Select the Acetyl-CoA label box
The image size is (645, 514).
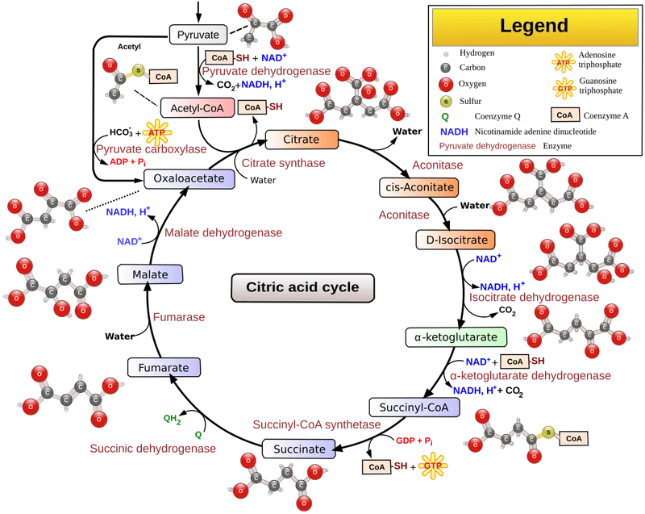(197, 107)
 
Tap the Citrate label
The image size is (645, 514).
(301, 140)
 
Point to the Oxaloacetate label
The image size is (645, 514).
(189, 178)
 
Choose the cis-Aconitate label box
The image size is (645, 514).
(418, 187)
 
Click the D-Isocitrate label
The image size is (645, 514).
(456, 240)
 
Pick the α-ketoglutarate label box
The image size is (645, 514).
(457, 336)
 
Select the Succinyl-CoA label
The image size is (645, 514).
(414, 407)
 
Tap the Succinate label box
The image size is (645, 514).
(298, 449)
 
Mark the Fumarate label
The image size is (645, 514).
(164, 368)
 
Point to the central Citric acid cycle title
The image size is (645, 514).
(302, 287)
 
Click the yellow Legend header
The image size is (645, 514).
(534, 26)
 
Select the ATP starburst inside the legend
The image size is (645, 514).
(563, 63)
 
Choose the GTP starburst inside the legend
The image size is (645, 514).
(563, 88)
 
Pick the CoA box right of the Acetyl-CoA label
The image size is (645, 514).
(252, 107)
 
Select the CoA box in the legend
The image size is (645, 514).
(564, 115)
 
